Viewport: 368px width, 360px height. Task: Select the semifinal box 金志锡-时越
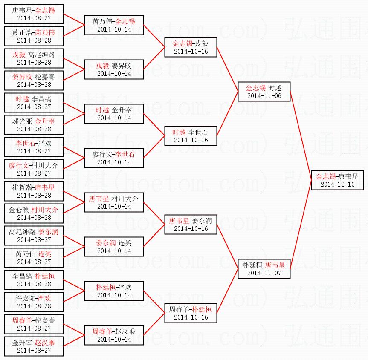pyautogui.click(x=264, y=92)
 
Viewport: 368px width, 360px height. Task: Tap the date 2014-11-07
pyautogui.click(x=264, y=273)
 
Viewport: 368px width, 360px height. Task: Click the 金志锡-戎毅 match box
pyautogui.click(x=191, y=47)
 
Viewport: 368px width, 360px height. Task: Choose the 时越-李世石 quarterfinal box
pyautogui.click(x=191, y=136)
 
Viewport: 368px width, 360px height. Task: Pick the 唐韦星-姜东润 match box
pyautogui.click(x=191, y=225)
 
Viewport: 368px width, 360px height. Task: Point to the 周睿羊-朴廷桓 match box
pyautogui.click(x=191, y=313)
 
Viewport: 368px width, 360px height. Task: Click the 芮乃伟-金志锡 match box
pyautogui.click(x=114, y=25)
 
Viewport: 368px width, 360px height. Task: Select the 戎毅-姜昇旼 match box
pyautogui.click(x=114, y=69)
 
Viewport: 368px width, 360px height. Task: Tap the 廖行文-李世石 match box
pyautogui.click(x=114, y=158)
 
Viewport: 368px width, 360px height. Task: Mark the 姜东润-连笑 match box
pyautogui.click(x=114, y=247)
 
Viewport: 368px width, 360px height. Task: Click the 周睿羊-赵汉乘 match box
pyautogui.click(x=114, y=335)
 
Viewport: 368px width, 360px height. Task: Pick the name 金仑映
pyautogui.click(x=20, y=210)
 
